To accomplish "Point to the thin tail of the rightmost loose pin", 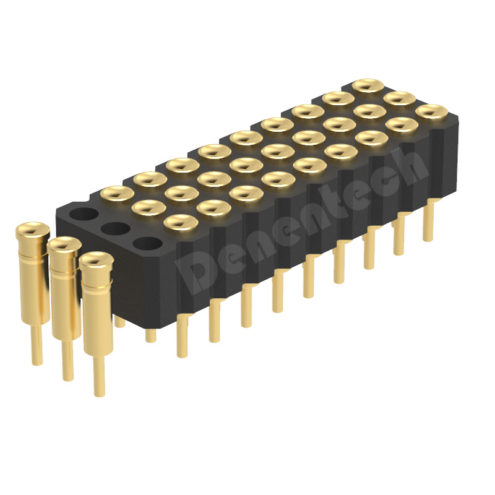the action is pyautogui.click(x=99, y=376).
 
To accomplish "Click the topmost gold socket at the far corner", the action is pyautogui.click(x=368, y=85).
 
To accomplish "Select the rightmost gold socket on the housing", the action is pyautogui.click(x=431, y=111).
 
